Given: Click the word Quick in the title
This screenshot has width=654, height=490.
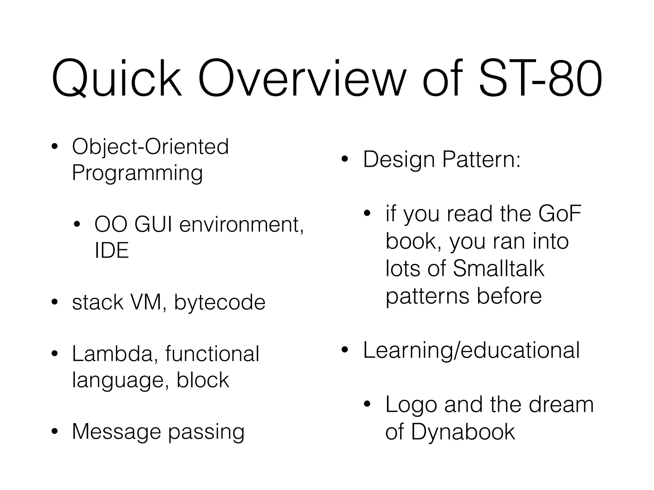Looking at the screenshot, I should click(x=116, y=78).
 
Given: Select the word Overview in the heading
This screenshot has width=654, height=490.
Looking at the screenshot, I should click(x=302, y=78).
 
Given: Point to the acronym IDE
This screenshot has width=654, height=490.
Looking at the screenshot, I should click(x=111, y=250).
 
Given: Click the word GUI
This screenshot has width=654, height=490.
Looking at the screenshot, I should click(x=154, y=225).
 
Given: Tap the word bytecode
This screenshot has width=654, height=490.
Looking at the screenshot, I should click(x=220, y=302).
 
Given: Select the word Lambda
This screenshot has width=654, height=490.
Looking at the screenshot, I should click(x=112, y=354).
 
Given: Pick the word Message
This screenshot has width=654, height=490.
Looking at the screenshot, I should click(x=117, y=432).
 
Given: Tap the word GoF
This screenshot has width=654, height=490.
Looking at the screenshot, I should click(x=560, y=214).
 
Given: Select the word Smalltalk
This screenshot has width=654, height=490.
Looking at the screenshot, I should click(x=498, y=269).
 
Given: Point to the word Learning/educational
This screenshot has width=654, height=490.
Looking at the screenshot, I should click(x=471, y=351).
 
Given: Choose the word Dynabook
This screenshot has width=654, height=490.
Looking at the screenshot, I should click(x=463, y=432).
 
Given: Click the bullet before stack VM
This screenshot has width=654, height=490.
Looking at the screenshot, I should click(x=55, y=302).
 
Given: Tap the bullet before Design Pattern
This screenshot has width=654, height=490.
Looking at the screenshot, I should click(x=344, y=159).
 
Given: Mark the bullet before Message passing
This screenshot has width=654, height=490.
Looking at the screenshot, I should click(x=55, y=432).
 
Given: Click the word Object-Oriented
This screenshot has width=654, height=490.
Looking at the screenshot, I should click(x=150, y=147).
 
